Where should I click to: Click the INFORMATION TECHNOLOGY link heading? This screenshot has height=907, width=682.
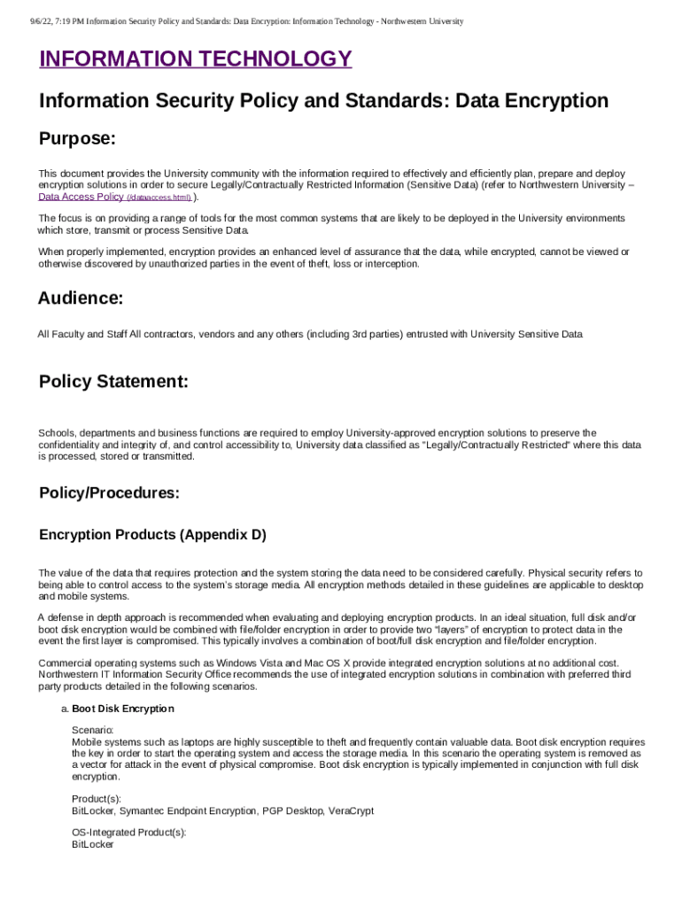coord(195,59)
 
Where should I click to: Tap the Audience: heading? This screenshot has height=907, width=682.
coord(80,298)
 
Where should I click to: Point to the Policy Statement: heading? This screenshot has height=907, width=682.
coord(113,382)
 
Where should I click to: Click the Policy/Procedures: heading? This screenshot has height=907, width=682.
coord(109,493)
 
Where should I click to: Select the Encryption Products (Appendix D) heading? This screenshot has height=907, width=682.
coord(152,535)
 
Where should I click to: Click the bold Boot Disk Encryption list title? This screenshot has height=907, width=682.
coord(122,709)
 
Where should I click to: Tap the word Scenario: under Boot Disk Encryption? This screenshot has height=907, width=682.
coord(92,730)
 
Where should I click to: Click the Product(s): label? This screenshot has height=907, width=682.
coord(97,799)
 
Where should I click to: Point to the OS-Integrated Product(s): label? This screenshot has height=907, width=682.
coord(129,833)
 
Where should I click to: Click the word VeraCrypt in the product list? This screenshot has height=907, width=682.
coord(350,810)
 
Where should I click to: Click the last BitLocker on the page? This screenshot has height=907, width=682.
coord(92,845)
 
